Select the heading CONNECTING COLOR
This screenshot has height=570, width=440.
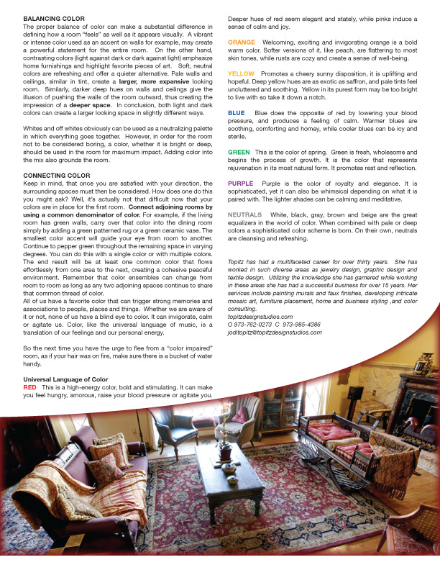pyautogui.click(x=57, y=175)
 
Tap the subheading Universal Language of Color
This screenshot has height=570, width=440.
pyautogui.click(x=65, y=379)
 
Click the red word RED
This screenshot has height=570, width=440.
pyautogui.click(x=30, y=386)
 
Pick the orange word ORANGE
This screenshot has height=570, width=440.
pyautogui.click(x=241, y=42)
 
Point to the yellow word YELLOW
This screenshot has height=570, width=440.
pyautogui.click(x=241, y=73)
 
